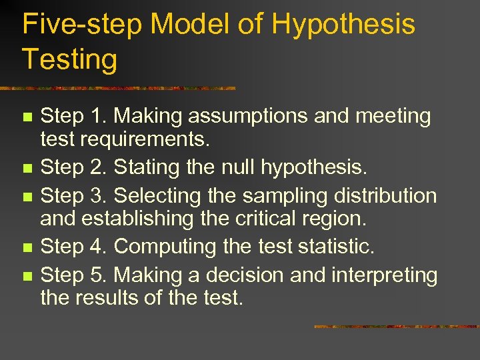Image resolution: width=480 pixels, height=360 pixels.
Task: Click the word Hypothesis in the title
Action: pos(343,25)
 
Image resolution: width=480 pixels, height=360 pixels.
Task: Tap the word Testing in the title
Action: pos(69,59)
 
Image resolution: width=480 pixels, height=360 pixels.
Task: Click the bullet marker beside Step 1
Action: pos(27,117)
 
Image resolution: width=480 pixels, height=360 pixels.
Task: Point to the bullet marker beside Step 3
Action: pos(27,196)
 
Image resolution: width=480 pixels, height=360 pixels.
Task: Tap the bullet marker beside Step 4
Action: pos(27,248)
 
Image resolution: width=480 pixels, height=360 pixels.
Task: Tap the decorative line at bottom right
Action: pos(396,327)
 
